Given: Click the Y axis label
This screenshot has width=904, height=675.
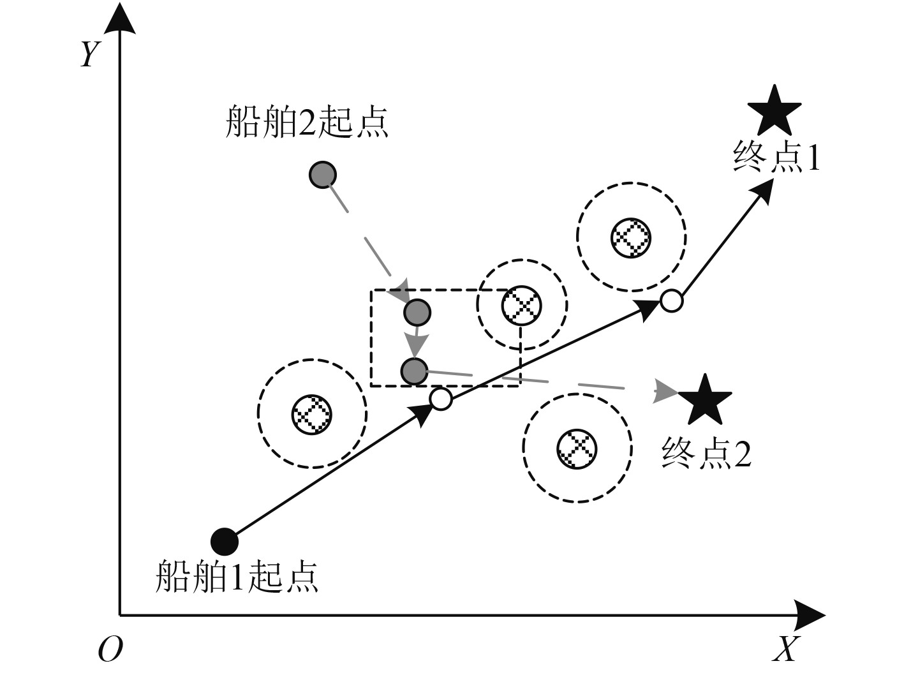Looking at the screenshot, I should click(89, 54).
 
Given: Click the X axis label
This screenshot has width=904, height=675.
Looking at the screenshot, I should click(785, 649).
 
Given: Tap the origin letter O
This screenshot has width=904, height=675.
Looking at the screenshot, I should click(110, 649).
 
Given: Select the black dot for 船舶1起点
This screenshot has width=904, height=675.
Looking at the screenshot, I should click(225, 542).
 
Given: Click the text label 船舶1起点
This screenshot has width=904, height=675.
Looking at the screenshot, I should click(237, 577).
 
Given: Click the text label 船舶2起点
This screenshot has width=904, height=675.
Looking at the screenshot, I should click(307, 121).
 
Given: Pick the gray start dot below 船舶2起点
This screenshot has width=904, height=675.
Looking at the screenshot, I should click(323, 174).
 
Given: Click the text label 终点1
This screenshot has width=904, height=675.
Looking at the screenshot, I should click(776, 156).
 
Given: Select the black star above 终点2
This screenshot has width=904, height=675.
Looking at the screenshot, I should click(704, 401).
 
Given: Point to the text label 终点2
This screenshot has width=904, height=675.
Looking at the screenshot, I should click(706, 453).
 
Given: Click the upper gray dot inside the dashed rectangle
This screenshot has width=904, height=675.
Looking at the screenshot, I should click(417, 312).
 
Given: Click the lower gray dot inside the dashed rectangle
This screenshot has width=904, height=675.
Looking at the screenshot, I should click(414, 371).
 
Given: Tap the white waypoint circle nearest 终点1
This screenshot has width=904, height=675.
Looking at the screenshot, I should click(671, 300).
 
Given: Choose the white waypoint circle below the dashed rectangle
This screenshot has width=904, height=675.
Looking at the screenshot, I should click(441, 399).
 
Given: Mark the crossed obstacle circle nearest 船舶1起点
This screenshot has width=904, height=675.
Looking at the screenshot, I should click(311, 413).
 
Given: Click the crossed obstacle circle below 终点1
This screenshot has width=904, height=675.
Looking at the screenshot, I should click(631, 237).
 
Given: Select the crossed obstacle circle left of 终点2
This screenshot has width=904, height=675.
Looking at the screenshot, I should click(577, 447).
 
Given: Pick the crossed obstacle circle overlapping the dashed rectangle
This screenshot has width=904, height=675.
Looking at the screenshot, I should click(521, 305).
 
